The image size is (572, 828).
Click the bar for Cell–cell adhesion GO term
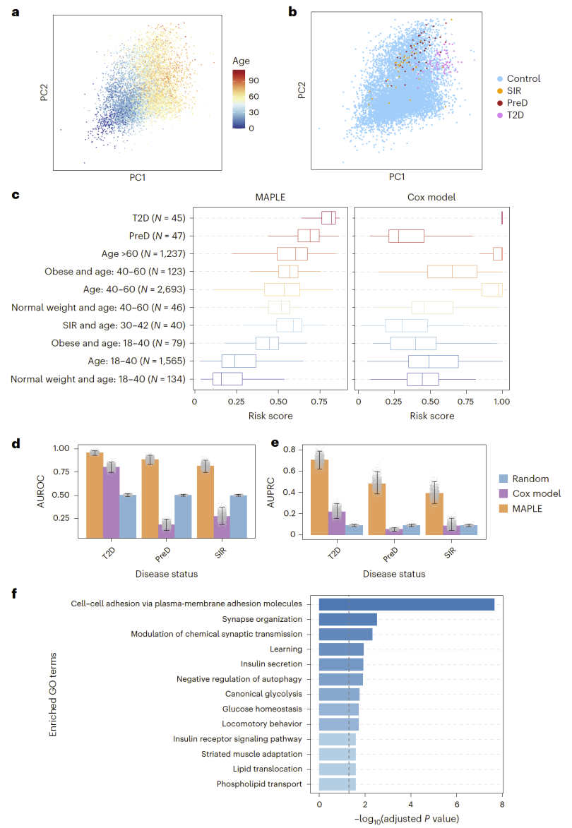tap(406, 604)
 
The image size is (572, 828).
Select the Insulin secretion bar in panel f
tap(341, 664)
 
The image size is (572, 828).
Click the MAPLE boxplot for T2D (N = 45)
tap(328, 217)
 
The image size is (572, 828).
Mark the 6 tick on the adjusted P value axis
tap(456, 804)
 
